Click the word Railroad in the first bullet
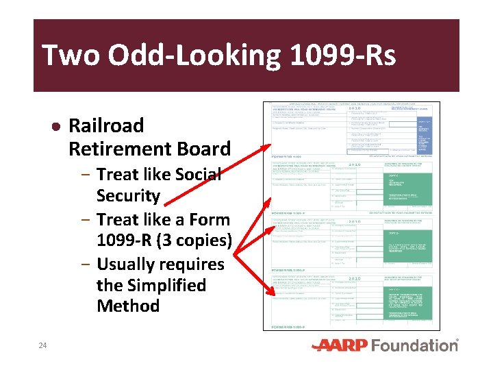(x=106, y=125)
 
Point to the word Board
(x=201, y=149)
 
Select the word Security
(x=128, y=196)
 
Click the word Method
(x=128, y=306)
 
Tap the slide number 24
(x=42, y=345)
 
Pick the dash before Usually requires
(x=86, y=264)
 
